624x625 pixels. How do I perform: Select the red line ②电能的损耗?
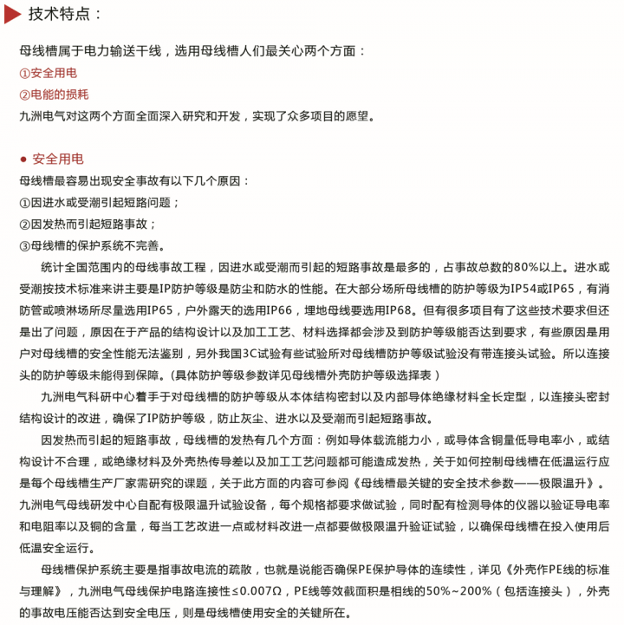[54, 94]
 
